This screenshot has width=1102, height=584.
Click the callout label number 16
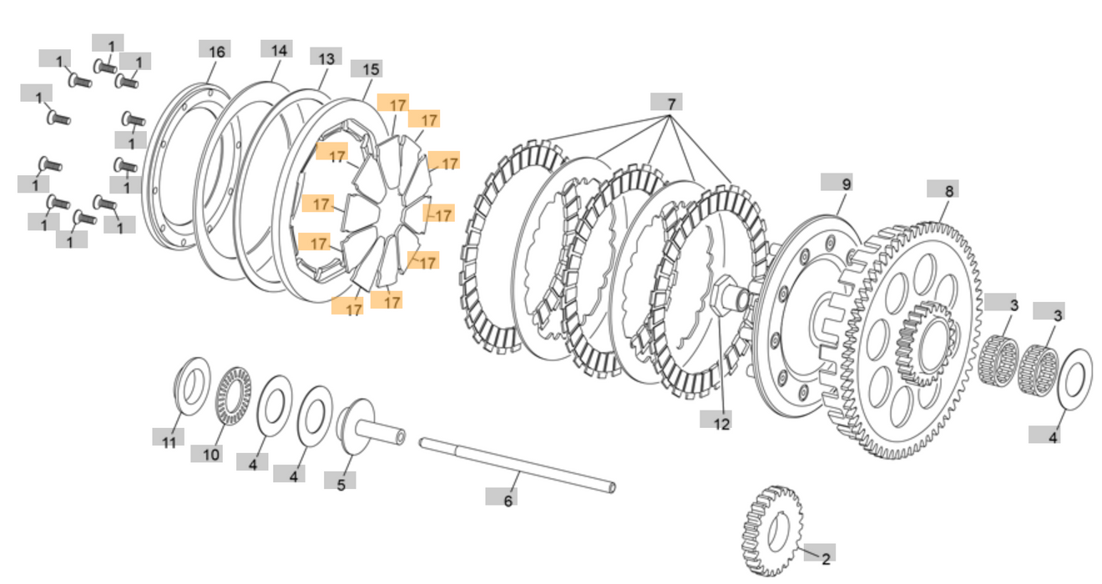coord(215,51)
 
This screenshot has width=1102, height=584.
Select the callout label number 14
coord(277,50)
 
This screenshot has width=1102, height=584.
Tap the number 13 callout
coord(326,58)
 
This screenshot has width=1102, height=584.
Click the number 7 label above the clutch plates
coord(667,103)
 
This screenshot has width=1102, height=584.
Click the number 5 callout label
coord(340,483)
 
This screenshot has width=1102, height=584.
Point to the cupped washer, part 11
coord(192,385)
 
